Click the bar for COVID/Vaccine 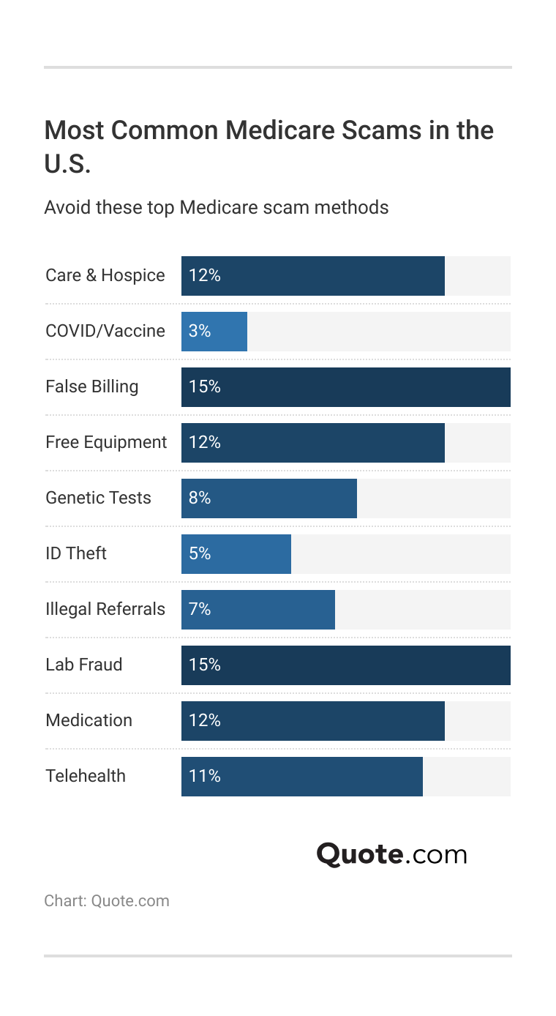coord(214,332)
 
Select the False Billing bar coord(345,387)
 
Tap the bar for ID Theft coord(236,554)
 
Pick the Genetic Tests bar coord(269,498)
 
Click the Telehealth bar coord(302,777)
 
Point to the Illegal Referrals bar coord(258,610)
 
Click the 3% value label coord(200,332)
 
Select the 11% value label coord(205,777)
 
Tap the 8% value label coord(200,498)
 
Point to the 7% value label coord(200,610)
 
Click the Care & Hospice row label coord(105,276)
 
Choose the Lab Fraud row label coord(84,665)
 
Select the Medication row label coord(89,721)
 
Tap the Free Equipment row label coord(106,443)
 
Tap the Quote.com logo coord(391,854)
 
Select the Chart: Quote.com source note coord(107,901)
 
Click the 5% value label coord(200,554)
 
